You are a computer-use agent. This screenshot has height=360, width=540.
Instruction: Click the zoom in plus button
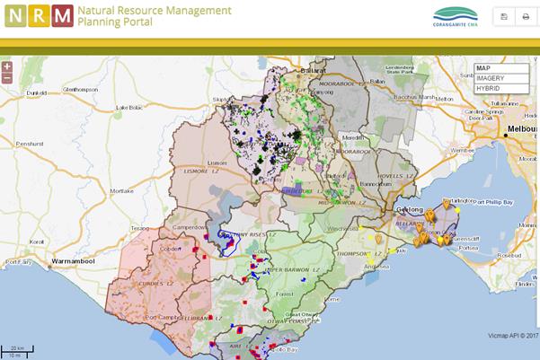[7, 66]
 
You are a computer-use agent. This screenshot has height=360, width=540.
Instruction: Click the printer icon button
[526, 16]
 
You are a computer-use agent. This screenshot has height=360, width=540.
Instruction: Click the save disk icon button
[504, 16]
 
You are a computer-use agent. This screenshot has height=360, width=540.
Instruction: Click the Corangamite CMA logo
[456, 16]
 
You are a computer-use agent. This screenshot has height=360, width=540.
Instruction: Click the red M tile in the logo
[63, 16]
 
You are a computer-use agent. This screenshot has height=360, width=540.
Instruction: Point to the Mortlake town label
[121, 191]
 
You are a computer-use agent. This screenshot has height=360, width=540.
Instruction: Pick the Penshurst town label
[30, 144]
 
